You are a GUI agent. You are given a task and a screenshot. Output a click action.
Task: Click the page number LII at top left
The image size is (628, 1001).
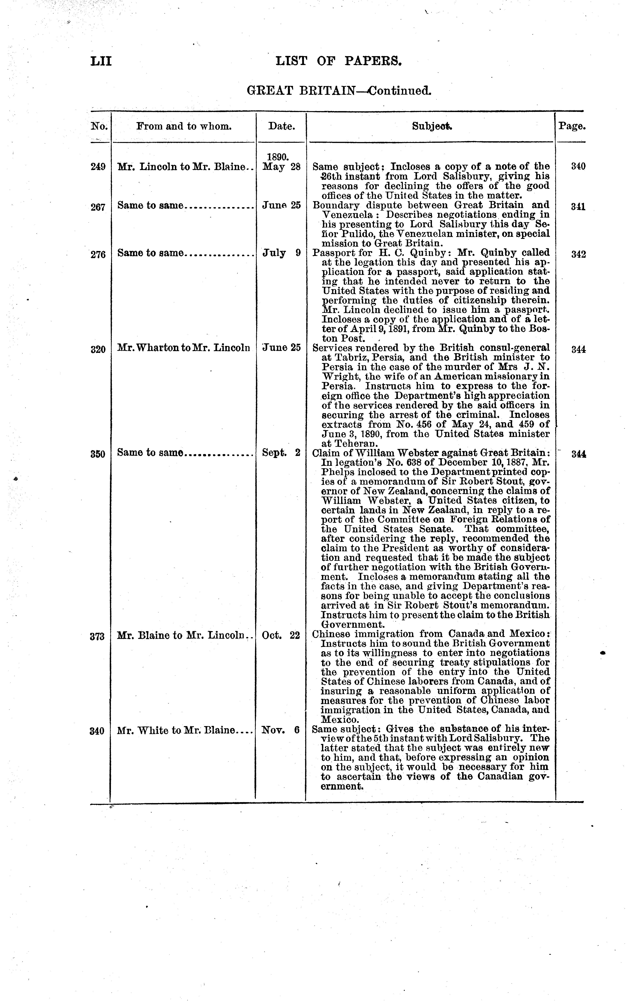coord(101,61)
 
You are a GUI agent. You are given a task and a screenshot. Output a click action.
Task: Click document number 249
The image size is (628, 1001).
coord(98,167)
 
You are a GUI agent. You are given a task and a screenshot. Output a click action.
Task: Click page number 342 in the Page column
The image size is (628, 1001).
coord(578,254)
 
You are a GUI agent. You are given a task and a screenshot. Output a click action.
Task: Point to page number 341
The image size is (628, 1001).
coord(578,206)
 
